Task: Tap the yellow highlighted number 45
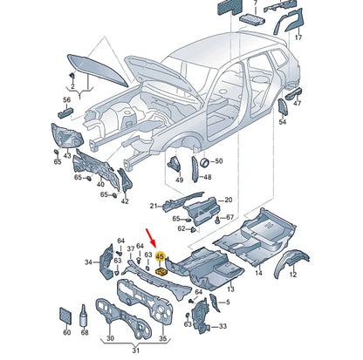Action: click(x=161, y=257)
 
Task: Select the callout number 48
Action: click(x=208, y=177)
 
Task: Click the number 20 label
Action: click(x=228, y=200)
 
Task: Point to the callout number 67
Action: click(x=229, y=217)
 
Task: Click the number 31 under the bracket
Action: click(x=134, y=350)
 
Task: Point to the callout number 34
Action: click(x=89, y=262)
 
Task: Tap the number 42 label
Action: click(x=125, y=201)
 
